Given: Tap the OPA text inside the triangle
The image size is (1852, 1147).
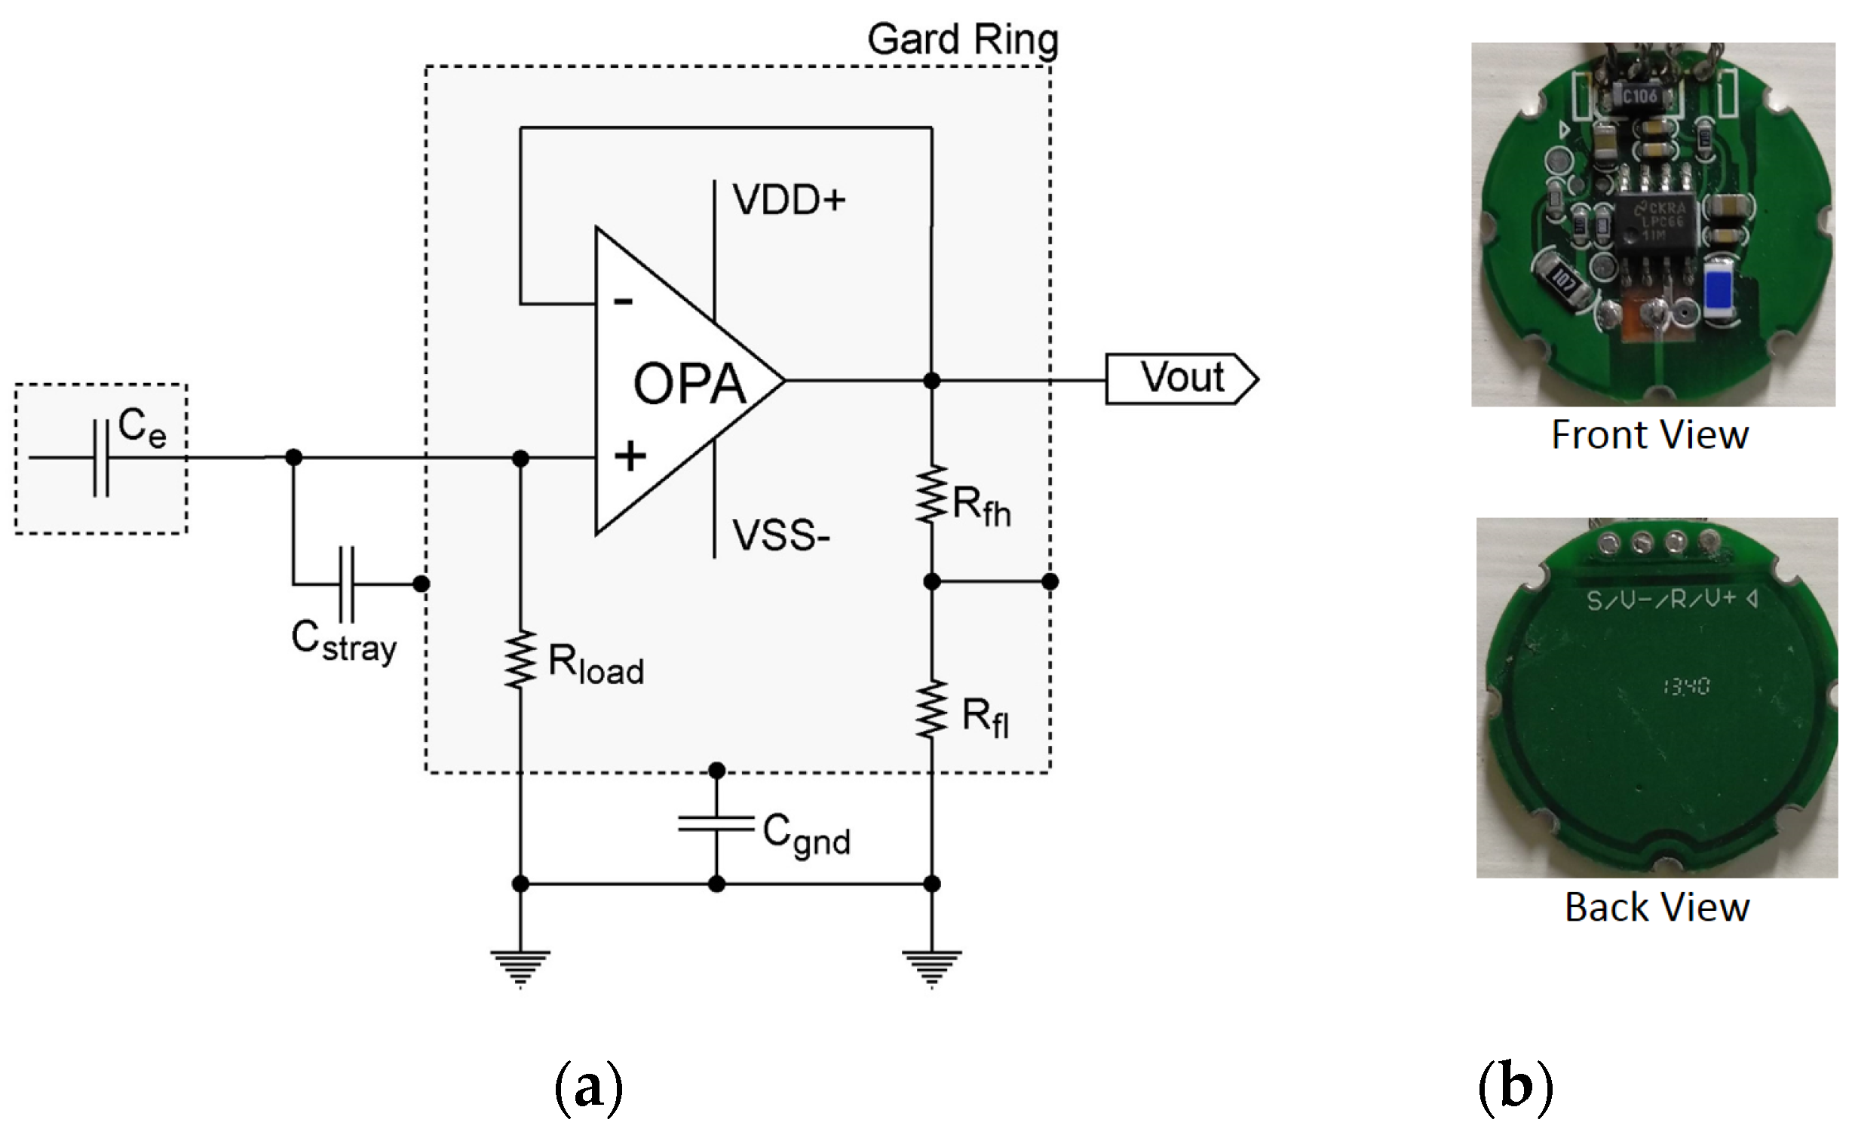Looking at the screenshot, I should [688, 385].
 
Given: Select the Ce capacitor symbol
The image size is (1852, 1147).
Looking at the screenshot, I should [101, 458].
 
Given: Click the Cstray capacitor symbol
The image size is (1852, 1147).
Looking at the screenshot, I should [346, 584].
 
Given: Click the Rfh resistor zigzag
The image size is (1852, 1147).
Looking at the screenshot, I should [931, 495].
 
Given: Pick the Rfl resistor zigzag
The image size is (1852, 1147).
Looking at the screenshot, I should [931, 710].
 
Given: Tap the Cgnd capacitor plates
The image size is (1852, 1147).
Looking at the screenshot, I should [716, 823].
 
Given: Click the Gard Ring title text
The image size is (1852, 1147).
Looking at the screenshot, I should [961, 39].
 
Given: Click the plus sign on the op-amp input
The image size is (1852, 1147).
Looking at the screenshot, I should [630, 457].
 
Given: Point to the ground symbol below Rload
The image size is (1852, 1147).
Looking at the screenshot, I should [520, 968].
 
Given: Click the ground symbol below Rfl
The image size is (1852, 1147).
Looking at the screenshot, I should [931, 968].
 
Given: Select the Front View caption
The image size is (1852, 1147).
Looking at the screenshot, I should [1650, 435].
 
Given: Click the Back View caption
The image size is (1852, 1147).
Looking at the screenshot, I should [1657, 908].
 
